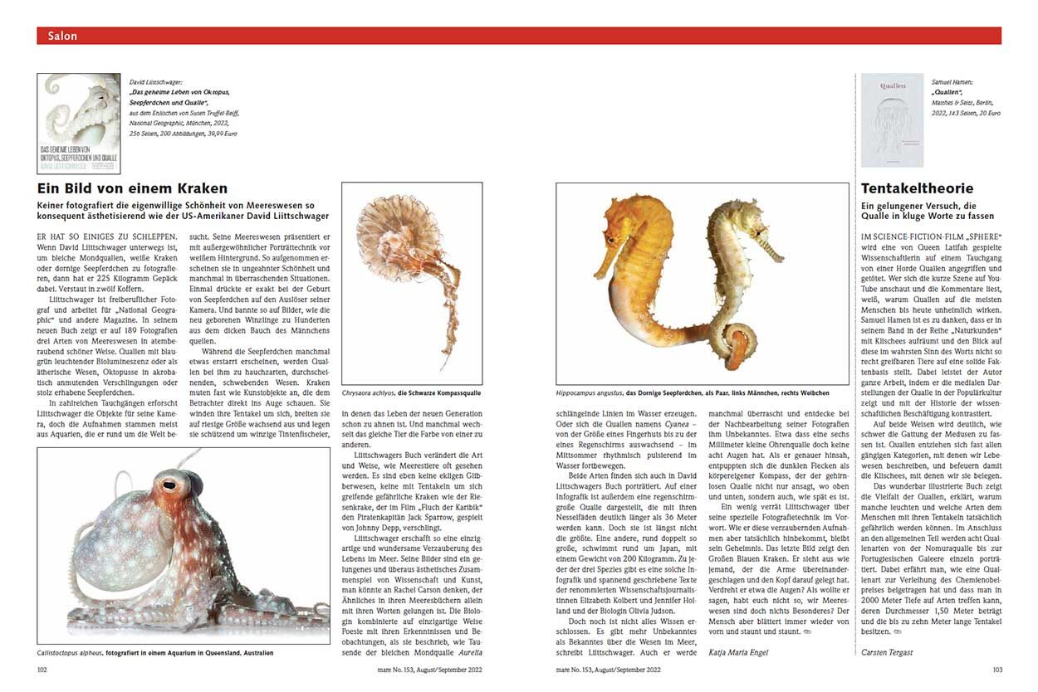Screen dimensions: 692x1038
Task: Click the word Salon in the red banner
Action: [x=62, y=36]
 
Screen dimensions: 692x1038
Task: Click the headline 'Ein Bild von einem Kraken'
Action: [x=133, y=189]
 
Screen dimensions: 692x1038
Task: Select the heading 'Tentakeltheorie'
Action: [x=916, y=189]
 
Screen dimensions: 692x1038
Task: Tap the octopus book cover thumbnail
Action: [x=79, y=124]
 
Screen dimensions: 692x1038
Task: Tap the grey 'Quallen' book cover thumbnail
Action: [x=891, y=119]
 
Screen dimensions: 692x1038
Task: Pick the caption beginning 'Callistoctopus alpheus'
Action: [x=155, y=653]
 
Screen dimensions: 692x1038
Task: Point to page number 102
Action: [x=44, y=670]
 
